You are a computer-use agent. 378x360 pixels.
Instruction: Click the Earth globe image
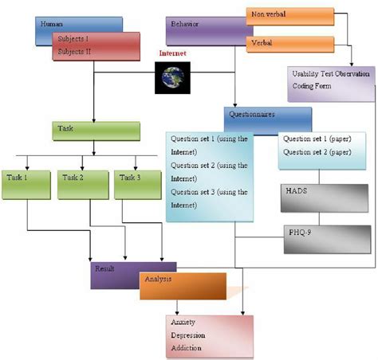tap(172, 78)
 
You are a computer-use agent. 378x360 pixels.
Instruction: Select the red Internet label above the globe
tap(172, 53)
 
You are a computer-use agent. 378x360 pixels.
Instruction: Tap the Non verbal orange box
tap(290, 17)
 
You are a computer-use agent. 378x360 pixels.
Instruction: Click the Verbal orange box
tap(290, 45)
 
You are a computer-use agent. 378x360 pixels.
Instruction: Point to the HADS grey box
tap(325, 198)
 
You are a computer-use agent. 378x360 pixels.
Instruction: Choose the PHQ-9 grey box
tap(327, 240)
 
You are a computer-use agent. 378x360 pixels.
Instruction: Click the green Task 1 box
tap(26, 185)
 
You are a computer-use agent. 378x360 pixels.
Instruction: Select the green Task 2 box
tap(83, 185)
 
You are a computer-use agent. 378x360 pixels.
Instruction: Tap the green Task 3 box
tap(138, 185)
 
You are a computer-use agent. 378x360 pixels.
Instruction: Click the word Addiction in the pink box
tap(186, 348)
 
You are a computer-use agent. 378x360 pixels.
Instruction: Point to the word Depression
tap(188, 335)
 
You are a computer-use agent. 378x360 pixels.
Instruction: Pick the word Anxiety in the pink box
tap(183, 322)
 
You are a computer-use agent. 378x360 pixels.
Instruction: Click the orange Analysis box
tap(183, 286)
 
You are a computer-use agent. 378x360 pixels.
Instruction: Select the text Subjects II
tap(74, 52)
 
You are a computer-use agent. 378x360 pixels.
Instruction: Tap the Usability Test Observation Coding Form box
tap(331, 84)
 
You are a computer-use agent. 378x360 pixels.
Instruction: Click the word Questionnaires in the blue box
tap(252, 115)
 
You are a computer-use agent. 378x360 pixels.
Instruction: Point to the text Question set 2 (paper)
tap(317, 152)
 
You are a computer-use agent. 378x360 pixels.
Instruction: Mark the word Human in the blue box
tap(52, 24)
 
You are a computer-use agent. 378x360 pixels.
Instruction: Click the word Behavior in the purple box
tap(184, 24)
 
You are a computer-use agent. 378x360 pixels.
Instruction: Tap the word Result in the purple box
tap(104, 268)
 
